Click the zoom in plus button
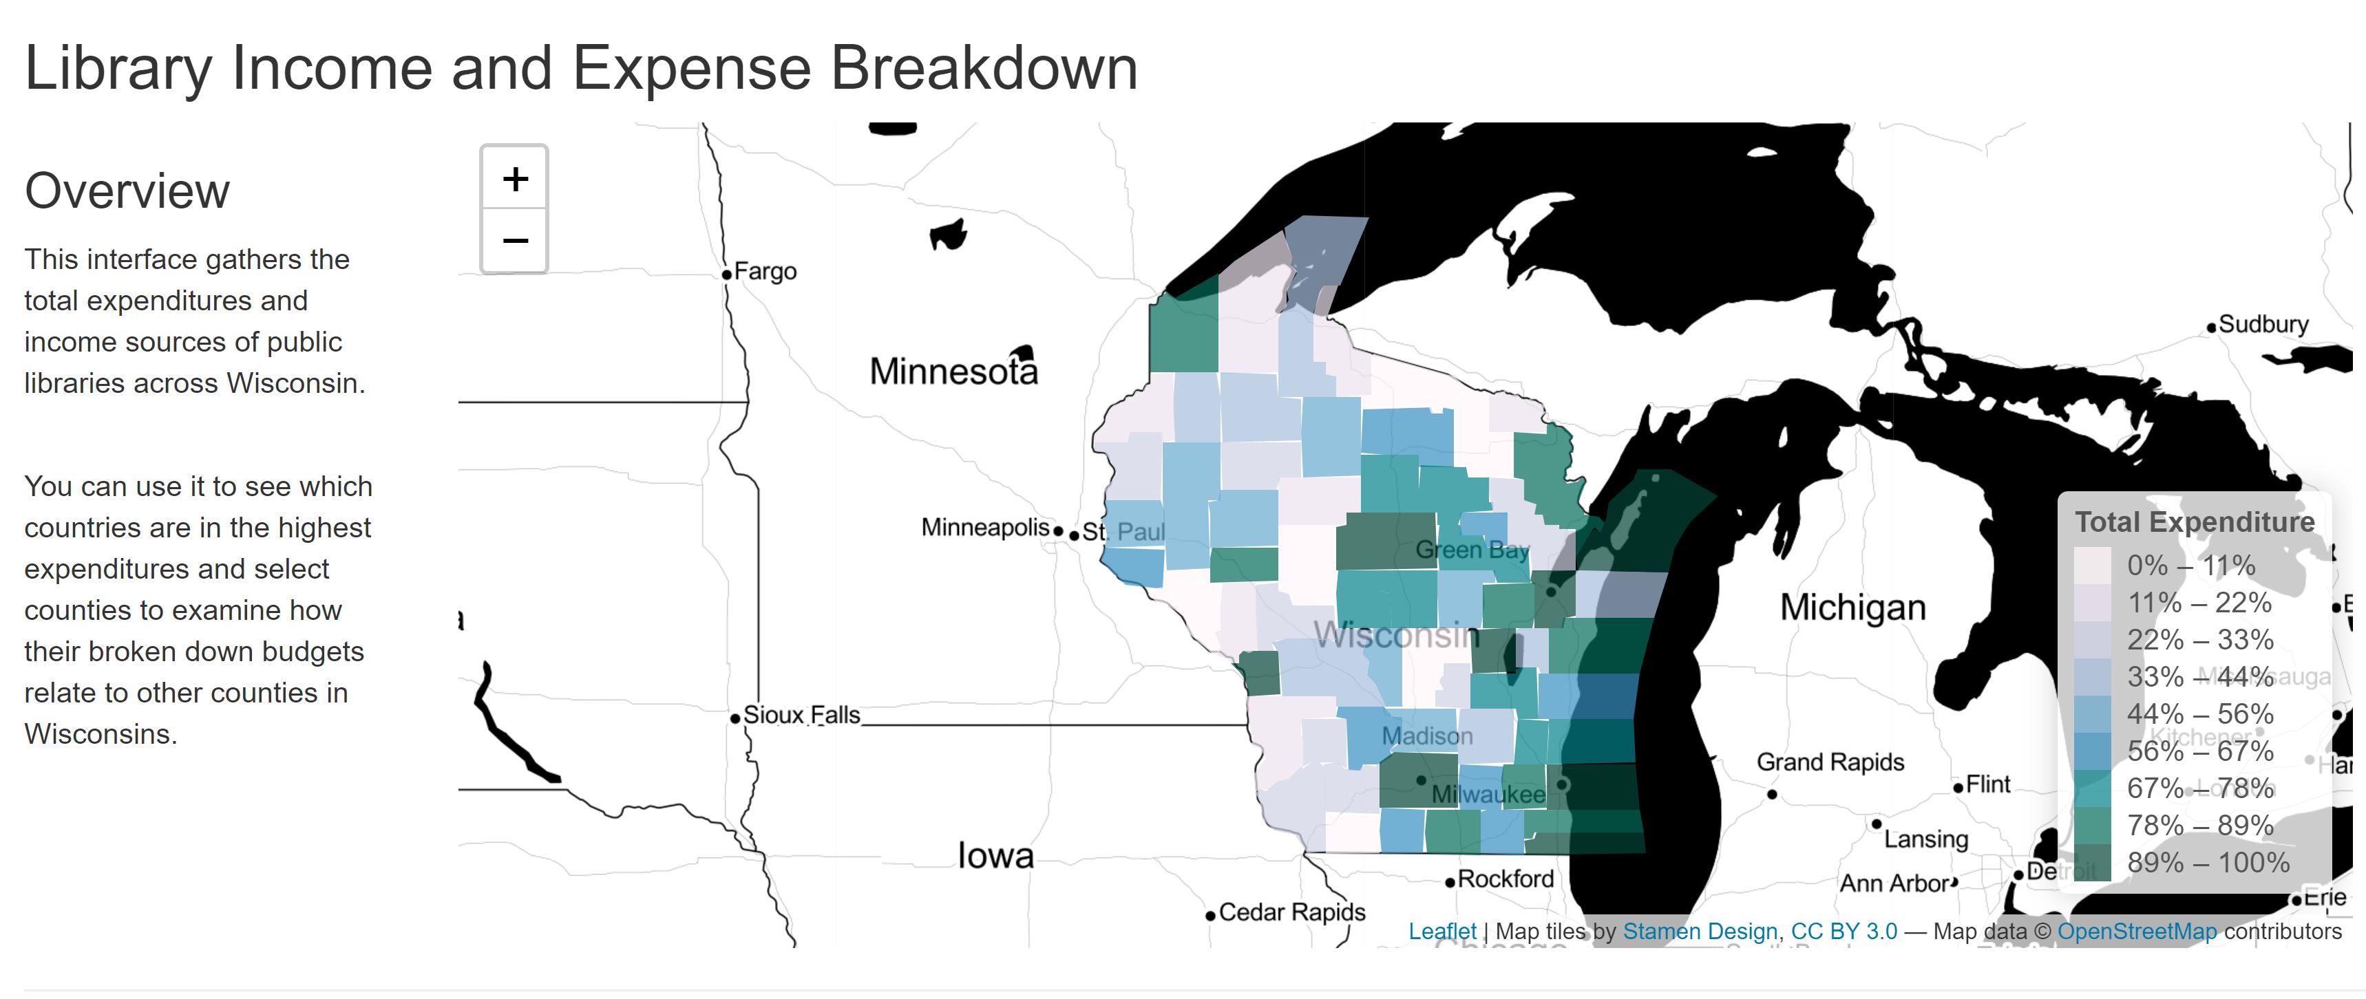[516, 178]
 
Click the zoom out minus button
[516, 241]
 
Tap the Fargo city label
[764, 272]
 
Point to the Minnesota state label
[953, 371]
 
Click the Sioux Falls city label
[801, 716]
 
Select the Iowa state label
[995, 856]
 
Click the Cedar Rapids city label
[1291, 913]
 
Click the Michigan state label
[1852, 608]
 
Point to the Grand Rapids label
[1830, 762]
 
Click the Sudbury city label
[2262, 325]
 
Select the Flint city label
[1987, 785]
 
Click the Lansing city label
[1925, 839]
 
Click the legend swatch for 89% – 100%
[2091, 862]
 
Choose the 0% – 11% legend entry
[2190, 566]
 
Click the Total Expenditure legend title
[2194, 522]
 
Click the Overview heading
[127, 191]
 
